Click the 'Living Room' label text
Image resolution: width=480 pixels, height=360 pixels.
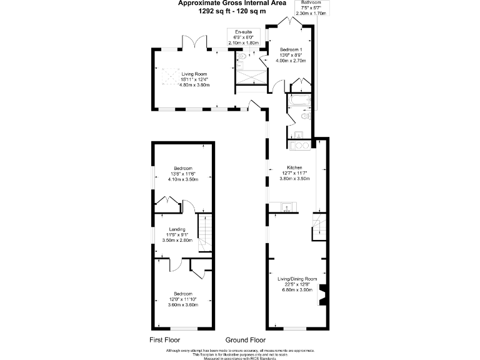coord(194,74)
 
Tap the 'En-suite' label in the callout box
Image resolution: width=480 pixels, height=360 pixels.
coord(243,31)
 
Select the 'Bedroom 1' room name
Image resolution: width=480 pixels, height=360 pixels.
coord(291,49)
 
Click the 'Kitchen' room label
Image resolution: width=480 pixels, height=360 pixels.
coord(294,168)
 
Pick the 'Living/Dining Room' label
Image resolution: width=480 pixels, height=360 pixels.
coord(297,279)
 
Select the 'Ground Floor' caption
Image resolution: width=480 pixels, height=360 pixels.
coord(246,341)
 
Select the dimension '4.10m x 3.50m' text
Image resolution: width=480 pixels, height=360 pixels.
coord(183,179)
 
